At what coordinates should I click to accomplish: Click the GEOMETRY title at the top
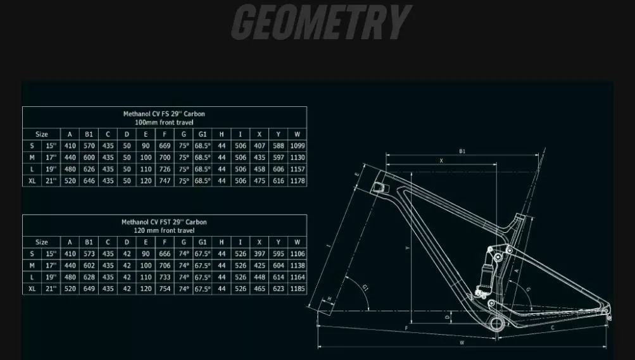[322, 22]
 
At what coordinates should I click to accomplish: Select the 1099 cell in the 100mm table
[298, 146]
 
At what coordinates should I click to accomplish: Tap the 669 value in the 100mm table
[165, 146]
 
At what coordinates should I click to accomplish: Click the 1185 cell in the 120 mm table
[298, 289]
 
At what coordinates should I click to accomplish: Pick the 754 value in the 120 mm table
[165, 289]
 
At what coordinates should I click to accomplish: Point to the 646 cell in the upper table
[89, 181]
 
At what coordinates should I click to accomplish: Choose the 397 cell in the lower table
[259, 254]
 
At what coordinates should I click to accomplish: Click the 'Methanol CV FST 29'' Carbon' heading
[164, 222]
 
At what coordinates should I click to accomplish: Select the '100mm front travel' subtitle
[164, 122]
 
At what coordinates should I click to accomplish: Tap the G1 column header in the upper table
[203, 134]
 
